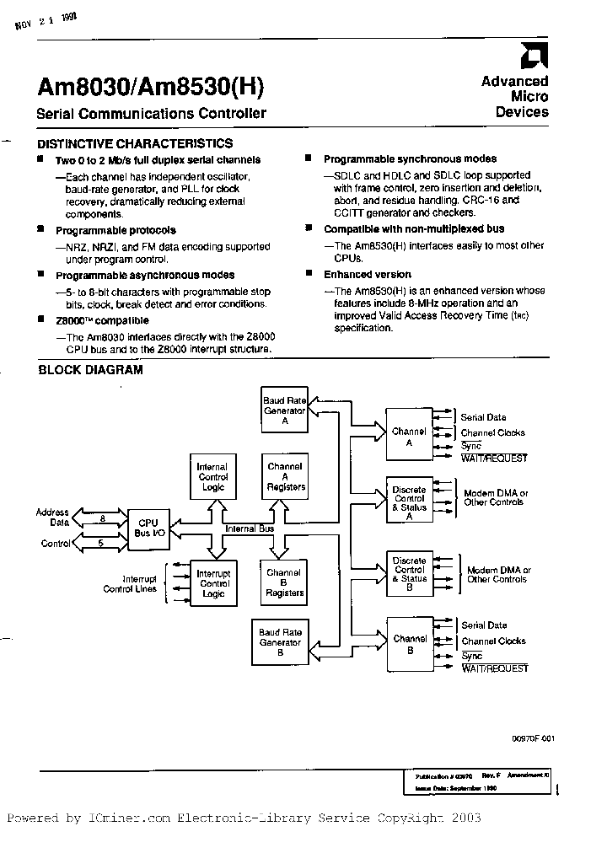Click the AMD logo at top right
click(534, 57)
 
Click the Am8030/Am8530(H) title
click(151, 87)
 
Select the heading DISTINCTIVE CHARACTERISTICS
click(136, 144)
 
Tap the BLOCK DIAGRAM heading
click(91, 369)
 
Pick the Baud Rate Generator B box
click(280, 641)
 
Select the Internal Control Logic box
click(212, 477)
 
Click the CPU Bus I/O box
click(148, 528)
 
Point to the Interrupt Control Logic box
click(213, 583)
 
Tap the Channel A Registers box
click(285, 477)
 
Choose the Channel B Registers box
click(284, 583)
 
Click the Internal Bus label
click(249, 528)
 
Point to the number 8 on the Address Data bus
click(102, 520)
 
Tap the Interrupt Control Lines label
click(130, 583)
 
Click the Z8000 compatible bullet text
click(102, 320)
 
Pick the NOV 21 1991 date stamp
click(46, 23)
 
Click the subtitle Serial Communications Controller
click(152, 114)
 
